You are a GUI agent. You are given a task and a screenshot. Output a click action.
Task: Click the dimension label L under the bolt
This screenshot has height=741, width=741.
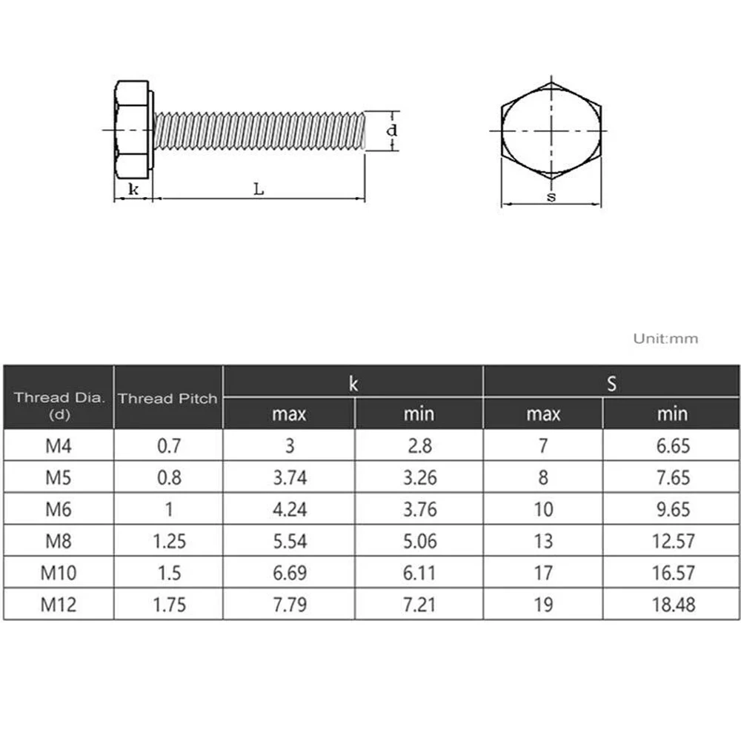click(258, 189)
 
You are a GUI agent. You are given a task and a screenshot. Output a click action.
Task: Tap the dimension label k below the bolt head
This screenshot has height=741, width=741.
click(133, 189)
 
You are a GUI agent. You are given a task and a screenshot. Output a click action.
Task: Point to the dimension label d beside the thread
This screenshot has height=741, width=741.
click(393, 130)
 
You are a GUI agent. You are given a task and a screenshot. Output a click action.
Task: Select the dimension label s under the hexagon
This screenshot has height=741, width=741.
click(551, 196)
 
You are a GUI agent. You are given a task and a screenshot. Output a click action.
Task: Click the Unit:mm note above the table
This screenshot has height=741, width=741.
click(665, 339)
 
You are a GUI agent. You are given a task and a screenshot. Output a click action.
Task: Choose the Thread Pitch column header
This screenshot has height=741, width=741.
click(167, 398)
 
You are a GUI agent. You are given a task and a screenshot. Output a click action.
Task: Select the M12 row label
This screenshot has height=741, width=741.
click(59, 604)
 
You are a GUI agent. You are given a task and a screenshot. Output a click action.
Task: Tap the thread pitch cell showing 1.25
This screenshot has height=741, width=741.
click(167, 540)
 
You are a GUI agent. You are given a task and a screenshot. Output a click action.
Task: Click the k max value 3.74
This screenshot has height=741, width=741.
click(289, 477)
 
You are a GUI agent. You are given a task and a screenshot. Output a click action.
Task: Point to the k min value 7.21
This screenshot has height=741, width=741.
click(419, 604)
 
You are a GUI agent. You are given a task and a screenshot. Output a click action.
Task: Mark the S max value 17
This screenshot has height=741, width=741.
click(543, 572)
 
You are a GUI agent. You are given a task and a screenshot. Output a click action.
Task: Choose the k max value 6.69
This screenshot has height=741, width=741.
click(289, 572)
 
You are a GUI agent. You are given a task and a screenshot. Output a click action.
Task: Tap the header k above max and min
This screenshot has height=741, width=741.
click(353, 383)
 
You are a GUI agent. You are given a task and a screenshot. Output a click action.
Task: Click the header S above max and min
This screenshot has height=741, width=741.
click(611, 383)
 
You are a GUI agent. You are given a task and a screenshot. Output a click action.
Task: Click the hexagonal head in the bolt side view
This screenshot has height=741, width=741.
click(132, 130)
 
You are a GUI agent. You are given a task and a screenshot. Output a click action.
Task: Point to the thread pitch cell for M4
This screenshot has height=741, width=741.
click(167, 445)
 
